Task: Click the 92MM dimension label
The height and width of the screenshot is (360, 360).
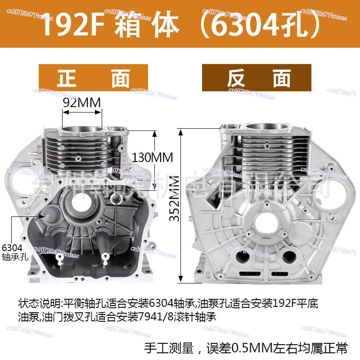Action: click(82, 103)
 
